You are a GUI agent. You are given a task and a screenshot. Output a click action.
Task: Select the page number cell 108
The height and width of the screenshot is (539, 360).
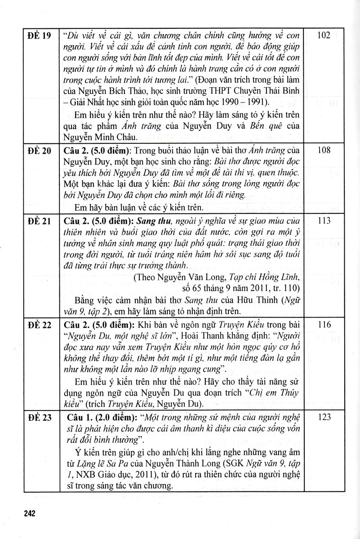click(x=324, y=150)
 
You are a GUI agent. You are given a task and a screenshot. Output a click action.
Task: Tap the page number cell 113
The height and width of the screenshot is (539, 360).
click(x=324, y=221)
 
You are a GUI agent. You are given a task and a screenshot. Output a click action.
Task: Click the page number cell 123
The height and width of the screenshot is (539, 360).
click(x=324, y=418)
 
